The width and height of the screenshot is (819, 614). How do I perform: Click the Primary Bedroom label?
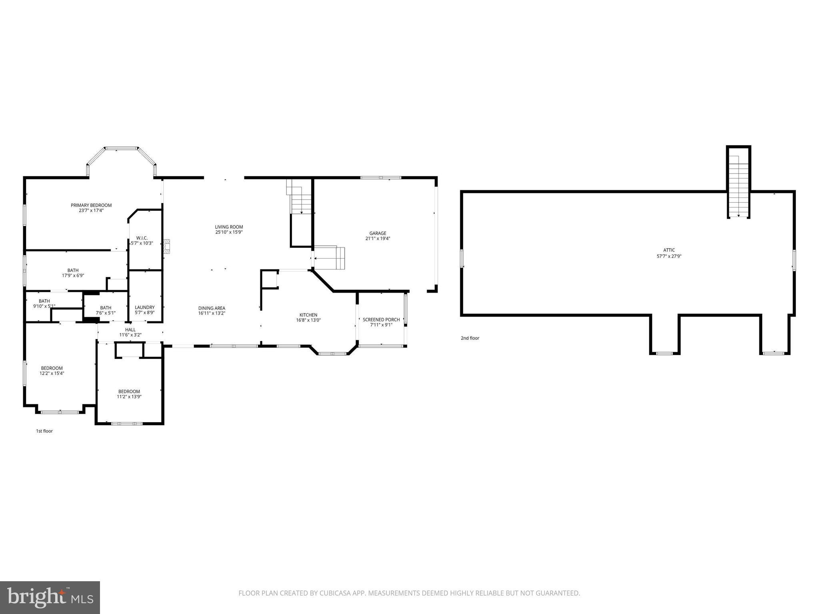[91, 205]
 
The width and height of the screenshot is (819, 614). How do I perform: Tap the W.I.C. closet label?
[142, 238]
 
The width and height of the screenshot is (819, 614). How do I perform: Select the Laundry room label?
[144, 307]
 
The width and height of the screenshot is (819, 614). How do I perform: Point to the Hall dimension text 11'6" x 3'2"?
[130, 335]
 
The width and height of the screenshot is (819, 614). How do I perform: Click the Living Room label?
[229, 227]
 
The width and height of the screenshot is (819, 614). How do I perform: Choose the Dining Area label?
[212, 308]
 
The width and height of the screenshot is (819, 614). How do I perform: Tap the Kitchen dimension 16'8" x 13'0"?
[308, 320]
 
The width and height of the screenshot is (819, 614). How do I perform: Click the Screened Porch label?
[381, 319]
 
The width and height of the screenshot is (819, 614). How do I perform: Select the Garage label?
[378, 233]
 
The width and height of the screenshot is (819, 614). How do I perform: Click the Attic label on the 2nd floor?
[669, 250]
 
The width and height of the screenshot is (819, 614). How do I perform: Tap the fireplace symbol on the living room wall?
[167, 247]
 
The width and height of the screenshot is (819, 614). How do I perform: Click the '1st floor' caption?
[44, 431]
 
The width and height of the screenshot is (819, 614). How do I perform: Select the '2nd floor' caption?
[470, 338]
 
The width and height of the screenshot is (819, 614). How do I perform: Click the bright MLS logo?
[50, 597]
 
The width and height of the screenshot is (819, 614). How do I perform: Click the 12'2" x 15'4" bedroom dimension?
[52, 373]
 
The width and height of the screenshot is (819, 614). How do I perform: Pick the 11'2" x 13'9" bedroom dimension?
[129, 397]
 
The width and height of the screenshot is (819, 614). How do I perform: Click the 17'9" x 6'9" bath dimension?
[73, 275]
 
